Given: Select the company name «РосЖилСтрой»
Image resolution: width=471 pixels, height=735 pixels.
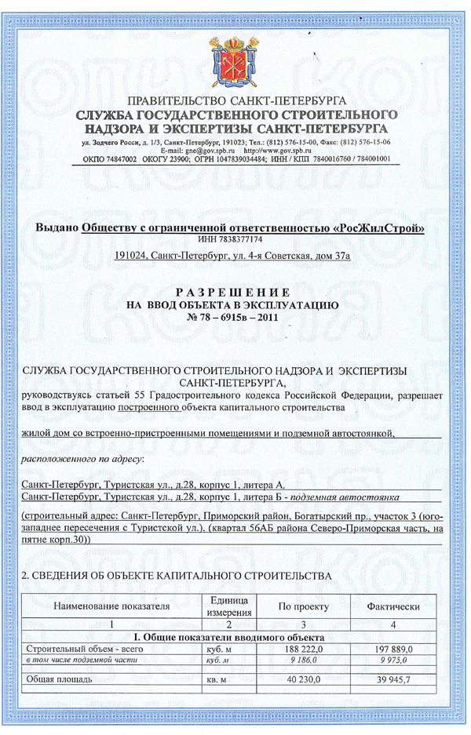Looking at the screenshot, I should click(x=379, y=227).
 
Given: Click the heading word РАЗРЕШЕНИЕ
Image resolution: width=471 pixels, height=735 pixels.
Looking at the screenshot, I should click(x=235, y=290).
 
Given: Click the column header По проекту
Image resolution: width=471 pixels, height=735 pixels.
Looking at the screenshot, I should click(x=304, y=606).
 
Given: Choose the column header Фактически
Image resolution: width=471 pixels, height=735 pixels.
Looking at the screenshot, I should click(x=393, y=606).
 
